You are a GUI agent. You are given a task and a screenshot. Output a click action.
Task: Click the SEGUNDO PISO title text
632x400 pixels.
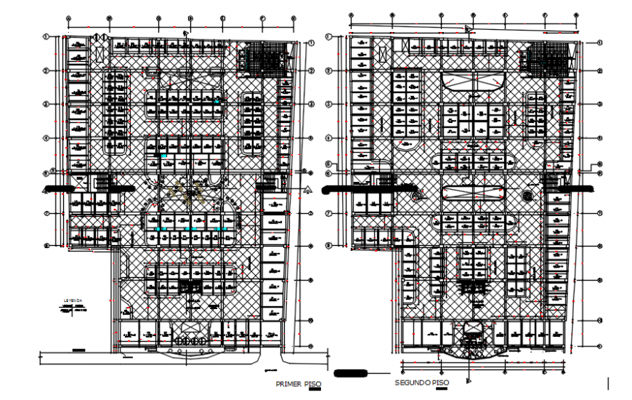[422, 383]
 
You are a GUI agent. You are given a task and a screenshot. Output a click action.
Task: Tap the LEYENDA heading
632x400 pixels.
[73, 300]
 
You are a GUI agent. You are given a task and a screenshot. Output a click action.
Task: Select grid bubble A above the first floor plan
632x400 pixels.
[68, 19]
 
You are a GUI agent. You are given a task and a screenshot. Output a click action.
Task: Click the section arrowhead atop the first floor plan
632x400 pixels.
[187, 33]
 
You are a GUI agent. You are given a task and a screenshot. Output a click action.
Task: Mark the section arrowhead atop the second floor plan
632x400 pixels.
[469, 29]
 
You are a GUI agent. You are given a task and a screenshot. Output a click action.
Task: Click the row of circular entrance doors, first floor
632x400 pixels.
[187, 339]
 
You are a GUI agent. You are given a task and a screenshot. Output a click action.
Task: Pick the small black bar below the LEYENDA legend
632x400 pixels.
[78, 350]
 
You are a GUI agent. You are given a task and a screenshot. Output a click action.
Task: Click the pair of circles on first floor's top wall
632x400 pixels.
[101, 38]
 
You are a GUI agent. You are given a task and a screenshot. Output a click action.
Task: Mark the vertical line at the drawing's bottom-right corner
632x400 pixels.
[608, 383]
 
